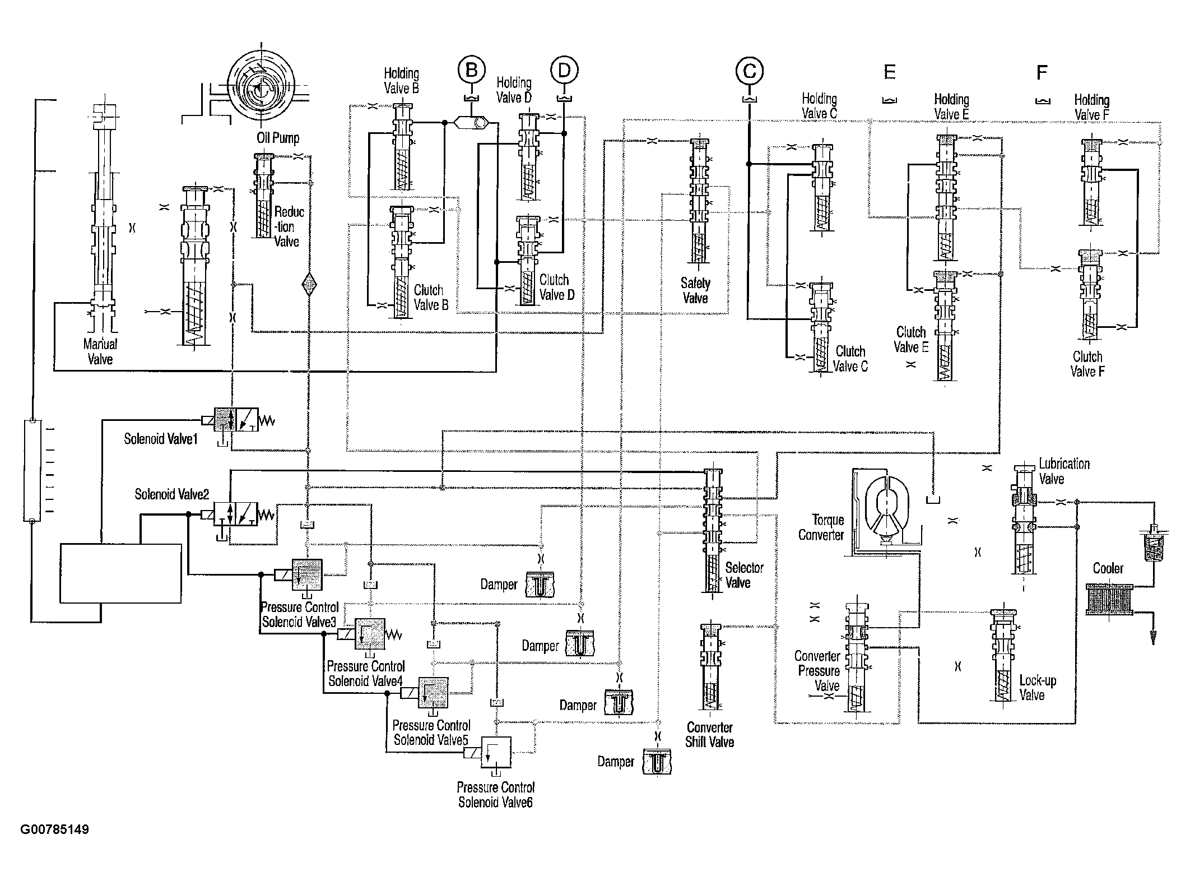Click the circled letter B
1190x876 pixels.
tap(472, 70)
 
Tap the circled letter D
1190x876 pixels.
tap(564, 70)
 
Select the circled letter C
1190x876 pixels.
tap(750, 71)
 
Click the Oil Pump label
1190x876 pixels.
tap(278, 138)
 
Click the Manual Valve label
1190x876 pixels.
tap(100, 352)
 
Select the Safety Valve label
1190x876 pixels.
tap(695, 291)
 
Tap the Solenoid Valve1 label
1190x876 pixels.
tap(161, 438)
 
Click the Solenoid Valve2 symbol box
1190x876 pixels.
tap(235, 514)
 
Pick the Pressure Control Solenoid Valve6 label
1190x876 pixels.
tap(496, 795)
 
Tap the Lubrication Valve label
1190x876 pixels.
tap(1064, 471)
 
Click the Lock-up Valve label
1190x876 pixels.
tap(1037, 688)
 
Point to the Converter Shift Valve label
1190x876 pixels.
tap(710, 735)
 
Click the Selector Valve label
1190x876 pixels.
tap(744, 575)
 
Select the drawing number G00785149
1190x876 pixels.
tap(55, 829)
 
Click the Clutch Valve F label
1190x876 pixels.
tap(1087, 364)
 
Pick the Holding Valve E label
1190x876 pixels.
tap(951, 107)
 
